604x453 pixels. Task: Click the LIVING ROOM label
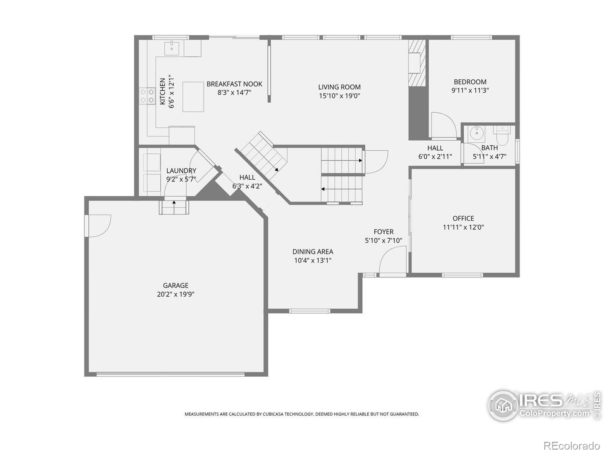point(339,87)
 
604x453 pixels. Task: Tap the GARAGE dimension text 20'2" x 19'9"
point(176,294)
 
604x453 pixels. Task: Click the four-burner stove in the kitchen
point(147,96)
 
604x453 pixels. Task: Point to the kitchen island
point(193,97)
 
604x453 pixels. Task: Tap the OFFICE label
point(464,219)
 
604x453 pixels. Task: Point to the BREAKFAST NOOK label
point(234,84)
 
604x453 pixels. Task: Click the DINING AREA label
point(313,251)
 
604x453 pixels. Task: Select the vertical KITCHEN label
point(163,91)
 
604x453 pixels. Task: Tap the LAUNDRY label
point(181,171)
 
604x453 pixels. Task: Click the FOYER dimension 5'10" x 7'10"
point(384,241)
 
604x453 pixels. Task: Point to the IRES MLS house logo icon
point(504,405)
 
